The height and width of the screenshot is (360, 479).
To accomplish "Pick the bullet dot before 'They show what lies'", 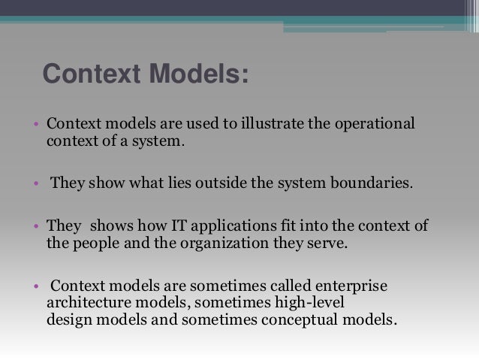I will pyautogui.click(x=35, y=184).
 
